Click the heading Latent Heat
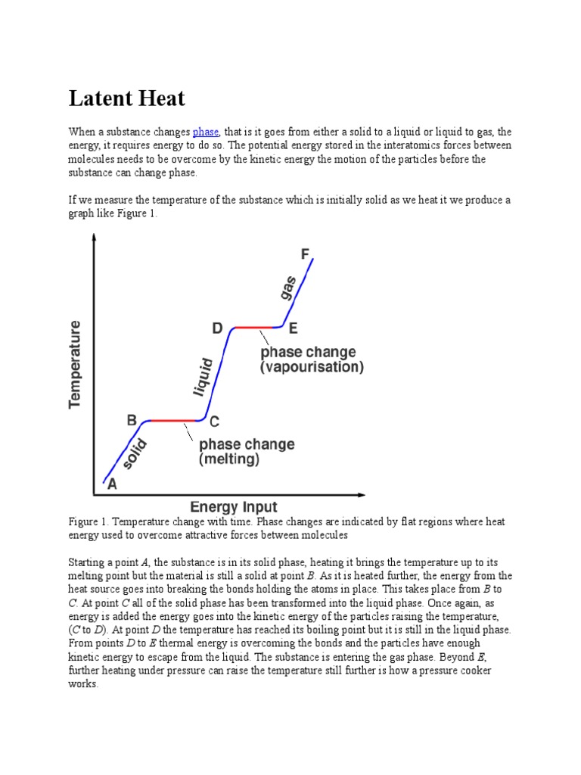click(126, 98)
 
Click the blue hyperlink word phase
click(206, 132)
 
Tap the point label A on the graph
click(112, 486)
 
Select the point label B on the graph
click(131, 421)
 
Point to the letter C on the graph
click(214, 422)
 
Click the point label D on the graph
click(217, 328)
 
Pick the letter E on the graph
click(293, 328)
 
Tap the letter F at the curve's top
click(306, 254)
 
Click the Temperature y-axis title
click(76, 364)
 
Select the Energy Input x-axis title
click(234, 507)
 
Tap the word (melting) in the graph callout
click(229, 459)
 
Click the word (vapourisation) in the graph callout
click(312, 368)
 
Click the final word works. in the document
click(83, 683)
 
